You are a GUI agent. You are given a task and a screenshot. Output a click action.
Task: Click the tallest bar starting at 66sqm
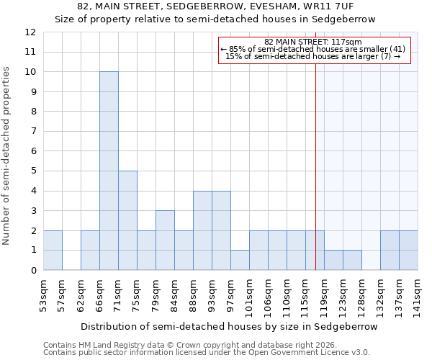click(x=109, y=171)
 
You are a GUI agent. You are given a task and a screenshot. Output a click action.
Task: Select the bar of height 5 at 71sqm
click(x=127, y=220)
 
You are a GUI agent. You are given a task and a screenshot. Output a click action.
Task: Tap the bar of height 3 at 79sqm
click(x=165, y=240)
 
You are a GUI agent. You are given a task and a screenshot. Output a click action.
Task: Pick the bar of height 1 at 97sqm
click(x=240, y=260)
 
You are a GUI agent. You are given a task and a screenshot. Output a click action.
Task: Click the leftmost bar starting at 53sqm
click(x=53, y=250)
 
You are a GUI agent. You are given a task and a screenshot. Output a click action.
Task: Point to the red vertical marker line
click(x=315, y=158)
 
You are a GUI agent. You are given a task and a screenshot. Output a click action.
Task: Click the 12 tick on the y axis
click(x=31, y=32)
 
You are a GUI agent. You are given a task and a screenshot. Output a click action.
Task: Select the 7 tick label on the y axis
click(x=31, y=132)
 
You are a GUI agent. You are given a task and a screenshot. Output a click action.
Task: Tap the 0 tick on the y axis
click(x=31, y=270)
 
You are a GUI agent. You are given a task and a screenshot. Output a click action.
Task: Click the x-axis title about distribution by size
click(x=229, y=326)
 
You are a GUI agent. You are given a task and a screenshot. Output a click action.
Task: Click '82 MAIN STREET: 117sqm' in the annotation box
click(x=313, y=42)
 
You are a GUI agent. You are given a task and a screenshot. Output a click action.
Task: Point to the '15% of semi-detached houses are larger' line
click(x=313, y=56)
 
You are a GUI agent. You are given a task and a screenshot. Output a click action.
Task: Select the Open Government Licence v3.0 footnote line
click(x=207, y=353)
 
